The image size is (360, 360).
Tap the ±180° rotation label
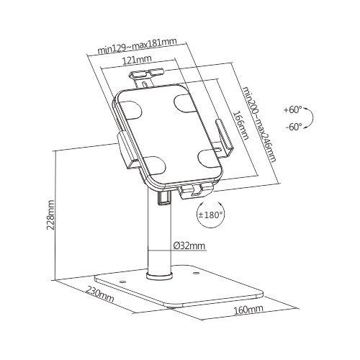coord(211,214)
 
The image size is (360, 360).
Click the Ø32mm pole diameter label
coord(189,246)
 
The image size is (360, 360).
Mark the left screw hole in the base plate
coord(121,282)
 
